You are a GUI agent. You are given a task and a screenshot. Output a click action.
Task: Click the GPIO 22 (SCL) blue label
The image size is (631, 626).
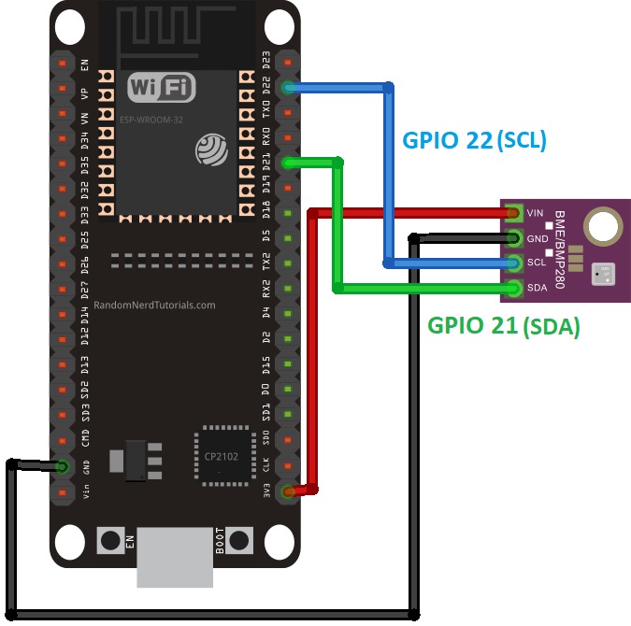474,140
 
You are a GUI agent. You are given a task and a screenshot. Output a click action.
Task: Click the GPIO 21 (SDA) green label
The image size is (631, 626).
504,326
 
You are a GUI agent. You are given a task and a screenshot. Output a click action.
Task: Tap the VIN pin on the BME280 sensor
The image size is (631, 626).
513,213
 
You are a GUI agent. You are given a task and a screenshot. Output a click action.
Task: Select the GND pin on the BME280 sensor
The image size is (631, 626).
513,238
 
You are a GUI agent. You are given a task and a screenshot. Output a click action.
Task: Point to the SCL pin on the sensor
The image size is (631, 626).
513,263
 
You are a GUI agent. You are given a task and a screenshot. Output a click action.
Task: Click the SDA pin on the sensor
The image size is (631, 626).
513,287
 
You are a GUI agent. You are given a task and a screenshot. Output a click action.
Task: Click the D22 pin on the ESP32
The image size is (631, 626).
288,88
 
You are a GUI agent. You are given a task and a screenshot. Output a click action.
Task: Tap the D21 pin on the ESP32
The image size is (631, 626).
288,164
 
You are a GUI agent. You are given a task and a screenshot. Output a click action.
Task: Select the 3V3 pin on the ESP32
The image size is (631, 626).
288,491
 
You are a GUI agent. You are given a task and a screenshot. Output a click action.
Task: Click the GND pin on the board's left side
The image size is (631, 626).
63,465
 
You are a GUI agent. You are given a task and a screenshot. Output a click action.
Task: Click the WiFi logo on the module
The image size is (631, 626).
162,89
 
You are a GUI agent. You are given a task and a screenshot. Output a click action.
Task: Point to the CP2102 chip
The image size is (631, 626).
223,457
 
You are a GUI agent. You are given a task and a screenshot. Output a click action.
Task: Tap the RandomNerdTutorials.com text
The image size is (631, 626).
154,305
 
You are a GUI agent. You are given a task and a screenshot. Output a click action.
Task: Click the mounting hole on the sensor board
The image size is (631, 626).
603,226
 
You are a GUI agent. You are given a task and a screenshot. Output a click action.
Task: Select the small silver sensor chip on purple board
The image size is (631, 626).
604,274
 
